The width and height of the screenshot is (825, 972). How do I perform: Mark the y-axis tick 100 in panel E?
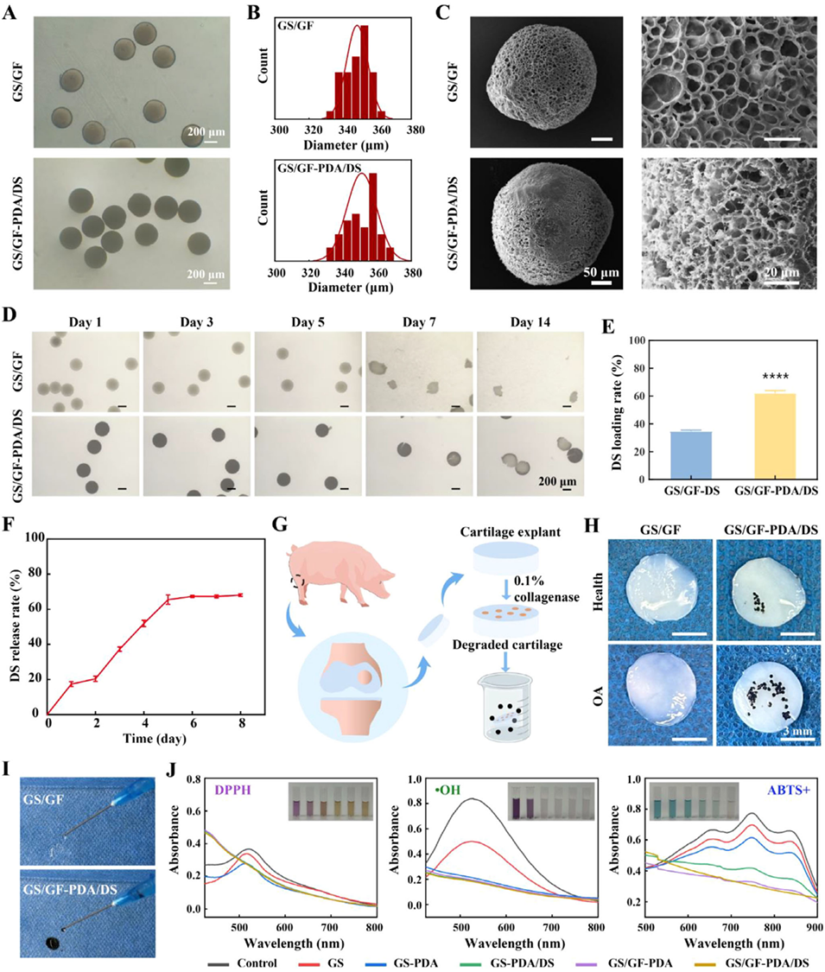point(637,340)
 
